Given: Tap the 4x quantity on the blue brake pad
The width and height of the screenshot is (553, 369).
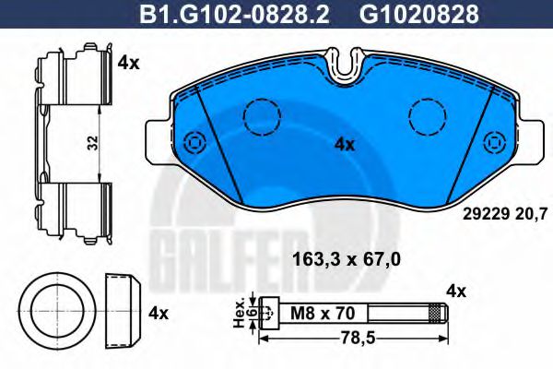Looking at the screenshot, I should coord(344,144).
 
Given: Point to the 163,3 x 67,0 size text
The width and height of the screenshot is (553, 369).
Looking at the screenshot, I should coord(346,259).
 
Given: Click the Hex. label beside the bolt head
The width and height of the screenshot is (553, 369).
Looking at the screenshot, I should coord(238,314).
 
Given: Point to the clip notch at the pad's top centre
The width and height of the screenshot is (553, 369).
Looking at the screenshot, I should coord(347,63).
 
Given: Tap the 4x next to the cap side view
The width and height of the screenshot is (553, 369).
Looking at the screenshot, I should coord(159,314).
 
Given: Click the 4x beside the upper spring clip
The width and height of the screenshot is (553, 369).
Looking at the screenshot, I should coord(128,64).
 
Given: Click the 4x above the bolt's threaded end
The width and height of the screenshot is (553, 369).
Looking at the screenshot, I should coord(455,292).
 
